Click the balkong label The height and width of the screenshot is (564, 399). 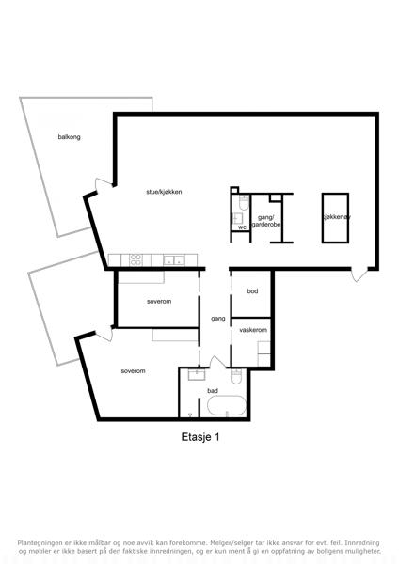(69, 137)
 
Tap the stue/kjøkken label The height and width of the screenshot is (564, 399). (164, 192)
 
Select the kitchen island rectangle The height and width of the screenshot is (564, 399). (335, 218)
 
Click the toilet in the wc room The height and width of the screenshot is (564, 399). (244, 203)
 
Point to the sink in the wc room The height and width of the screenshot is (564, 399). (238, 218)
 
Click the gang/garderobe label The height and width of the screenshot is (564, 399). (266, 221)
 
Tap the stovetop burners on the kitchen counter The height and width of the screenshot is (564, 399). (136, 259)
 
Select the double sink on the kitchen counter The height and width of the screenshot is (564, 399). (174, 260)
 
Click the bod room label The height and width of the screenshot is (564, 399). (252, 291)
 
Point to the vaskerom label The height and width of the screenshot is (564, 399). (253, 330)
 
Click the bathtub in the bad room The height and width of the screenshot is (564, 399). (227, 405)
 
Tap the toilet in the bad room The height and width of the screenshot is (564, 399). (236, 376)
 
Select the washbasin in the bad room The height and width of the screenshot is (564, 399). (197, 374)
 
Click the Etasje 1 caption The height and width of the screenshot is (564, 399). (200, 437)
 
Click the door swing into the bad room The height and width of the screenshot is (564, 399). (217, 362)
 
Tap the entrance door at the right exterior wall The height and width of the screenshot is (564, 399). (359, 274)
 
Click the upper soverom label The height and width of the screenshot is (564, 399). (159, 302)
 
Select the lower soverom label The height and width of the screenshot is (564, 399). (134, 371)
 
